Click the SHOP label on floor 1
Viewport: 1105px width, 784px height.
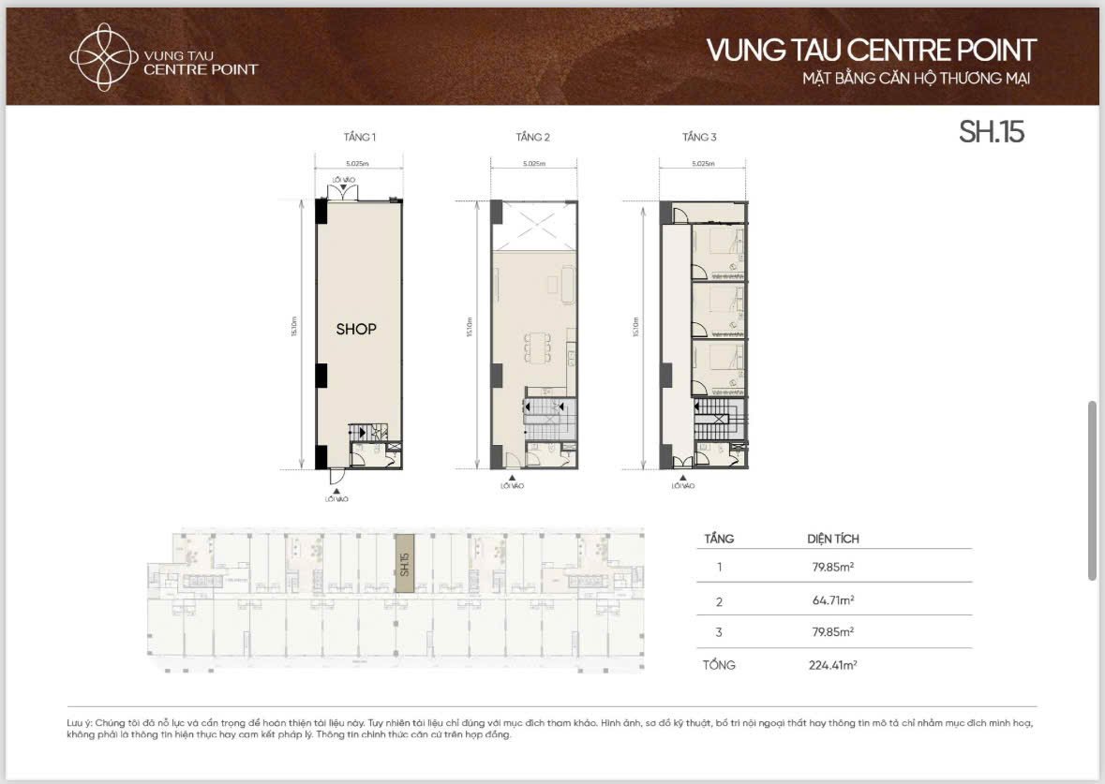coord(356,330)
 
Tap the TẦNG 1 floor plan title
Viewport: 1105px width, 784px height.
coord(360,138)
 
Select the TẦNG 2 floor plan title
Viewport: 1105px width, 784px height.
coord(532,138)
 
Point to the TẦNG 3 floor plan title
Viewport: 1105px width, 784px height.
coord(699,138)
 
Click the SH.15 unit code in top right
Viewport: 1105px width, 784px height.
coord(992,132)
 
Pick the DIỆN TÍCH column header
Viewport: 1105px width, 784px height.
coord(833,539)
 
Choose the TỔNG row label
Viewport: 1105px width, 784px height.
coord(720,665)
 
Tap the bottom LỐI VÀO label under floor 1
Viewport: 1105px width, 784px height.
coord(337,498)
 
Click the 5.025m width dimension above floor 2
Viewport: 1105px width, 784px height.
coord(532,164)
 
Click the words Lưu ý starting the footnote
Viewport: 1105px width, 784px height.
coord(80,723)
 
